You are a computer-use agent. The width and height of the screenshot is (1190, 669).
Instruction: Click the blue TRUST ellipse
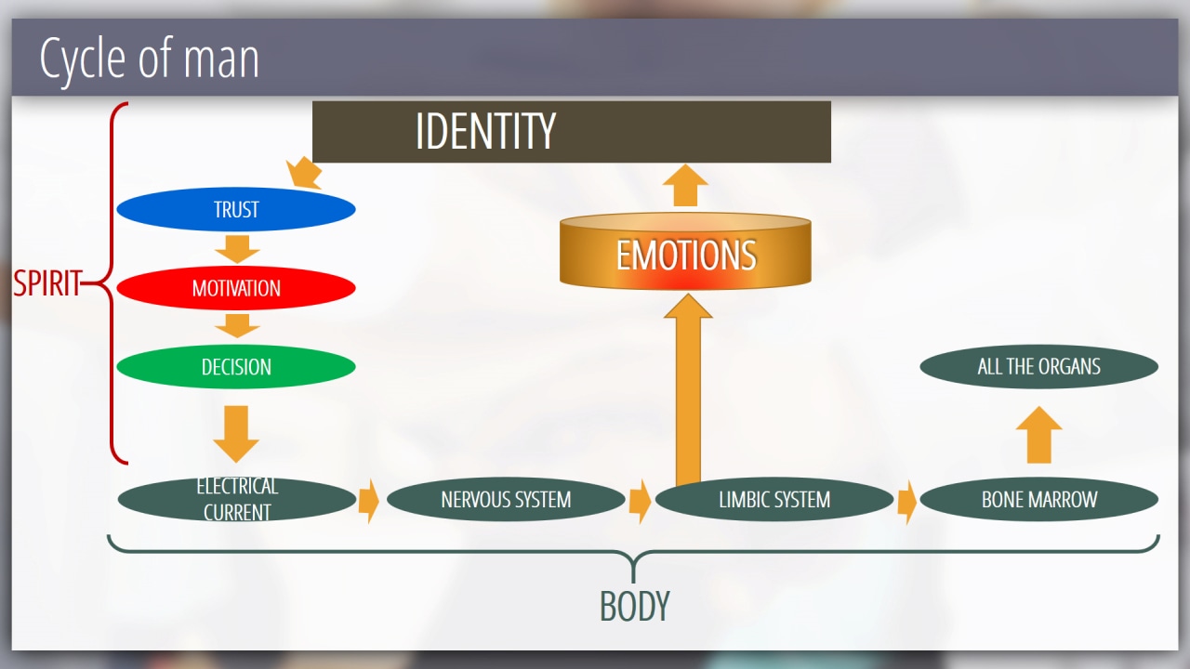click(x=236, y=210)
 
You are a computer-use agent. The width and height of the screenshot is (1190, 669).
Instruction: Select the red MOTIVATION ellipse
click(x=236, y=288)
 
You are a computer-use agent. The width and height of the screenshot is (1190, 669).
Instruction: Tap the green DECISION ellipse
click(x=236, y=367)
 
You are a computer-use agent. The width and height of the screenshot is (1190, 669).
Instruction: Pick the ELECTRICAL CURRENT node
click(x=237, y=500)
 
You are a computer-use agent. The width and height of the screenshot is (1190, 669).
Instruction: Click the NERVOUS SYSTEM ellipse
click(x=506, y=500)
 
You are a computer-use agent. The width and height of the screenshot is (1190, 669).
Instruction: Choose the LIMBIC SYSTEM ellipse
click(x=774, y=500)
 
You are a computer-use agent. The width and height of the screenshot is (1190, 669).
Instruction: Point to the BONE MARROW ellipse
click(x=1039, y=500)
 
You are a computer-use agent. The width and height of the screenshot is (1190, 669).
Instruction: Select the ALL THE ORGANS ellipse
click(x=1039, y=367)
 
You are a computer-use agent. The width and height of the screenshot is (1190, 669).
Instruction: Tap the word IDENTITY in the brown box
click(x=485, y=131)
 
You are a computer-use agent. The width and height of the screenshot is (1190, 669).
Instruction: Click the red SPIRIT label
click(x=46, y=283)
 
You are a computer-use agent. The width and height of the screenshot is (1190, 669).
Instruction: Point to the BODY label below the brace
click(x=634, y=607)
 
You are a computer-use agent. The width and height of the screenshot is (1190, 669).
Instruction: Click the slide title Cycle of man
click(x=149, y=59)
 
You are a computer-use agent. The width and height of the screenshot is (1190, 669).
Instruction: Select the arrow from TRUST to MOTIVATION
click(x=236, y=248)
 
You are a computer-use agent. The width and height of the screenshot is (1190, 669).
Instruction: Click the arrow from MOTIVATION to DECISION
click(x=236, y=325)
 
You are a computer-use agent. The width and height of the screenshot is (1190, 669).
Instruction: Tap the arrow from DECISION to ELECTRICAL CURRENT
click(x=236, y=432)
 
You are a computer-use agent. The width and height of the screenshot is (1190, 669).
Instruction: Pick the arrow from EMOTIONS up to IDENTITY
click(x=686, y=186)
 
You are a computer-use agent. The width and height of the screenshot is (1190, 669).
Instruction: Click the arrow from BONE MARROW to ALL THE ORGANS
click(x=1038, y=434)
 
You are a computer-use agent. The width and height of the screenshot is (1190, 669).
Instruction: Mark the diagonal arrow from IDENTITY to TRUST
click(x=305, y=173)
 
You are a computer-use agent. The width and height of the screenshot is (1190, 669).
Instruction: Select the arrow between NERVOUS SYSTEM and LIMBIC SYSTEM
click(x=640, y=501)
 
